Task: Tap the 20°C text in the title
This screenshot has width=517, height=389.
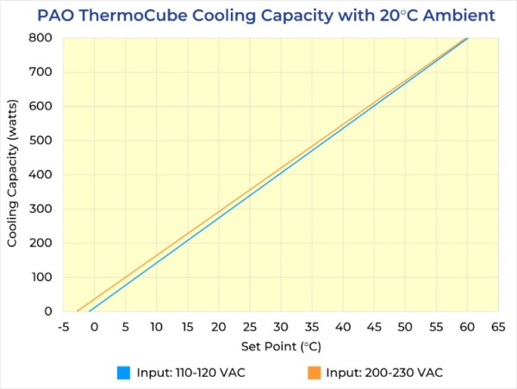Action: [x=387, y=15]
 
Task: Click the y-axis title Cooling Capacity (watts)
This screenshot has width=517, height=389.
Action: [x=13, y=174]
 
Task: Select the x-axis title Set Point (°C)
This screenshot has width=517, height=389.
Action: [x=280, y=346]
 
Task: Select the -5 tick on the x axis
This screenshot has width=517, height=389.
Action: [x=63, y=328]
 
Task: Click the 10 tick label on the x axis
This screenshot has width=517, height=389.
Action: [x=156, y=328]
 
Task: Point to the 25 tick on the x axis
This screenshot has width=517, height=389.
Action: [x=249, y=328]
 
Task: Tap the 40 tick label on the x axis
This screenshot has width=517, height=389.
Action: [x=342, y=328]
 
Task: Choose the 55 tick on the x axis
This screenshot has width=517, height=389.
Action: [x=435, y=328]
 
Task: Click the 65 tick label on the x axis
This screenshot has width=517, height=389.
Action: [x=497, y=328]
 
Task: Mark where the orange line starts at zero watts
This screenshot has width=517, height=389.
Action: [x=77, y=311]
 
